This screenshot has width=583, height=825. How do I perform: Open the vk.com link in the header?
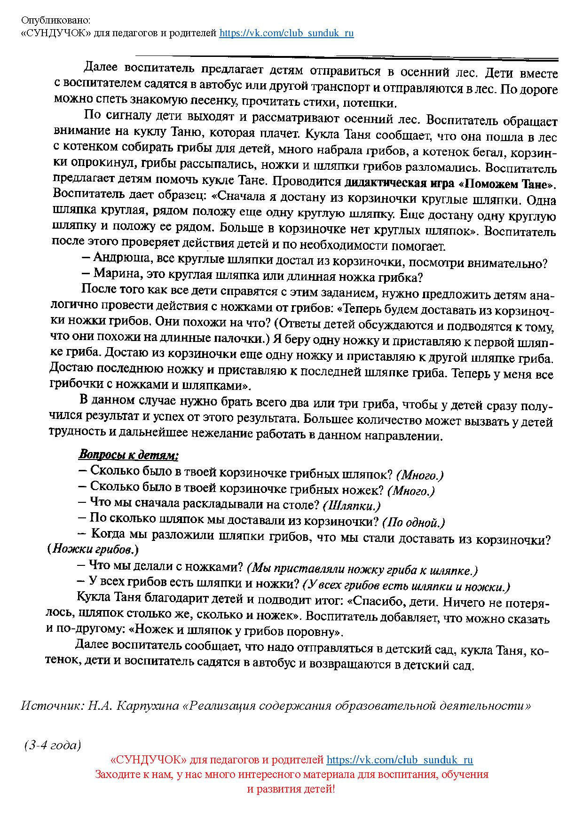286,33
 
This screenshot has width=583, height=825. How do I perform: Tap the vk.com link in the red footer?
400,760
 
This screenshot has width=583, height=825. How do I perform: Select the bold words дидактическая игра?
394,183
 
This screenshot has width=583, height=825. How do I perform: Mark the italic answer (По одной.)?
414,523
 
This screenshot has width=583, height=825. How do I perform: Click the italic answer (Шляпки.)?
352,506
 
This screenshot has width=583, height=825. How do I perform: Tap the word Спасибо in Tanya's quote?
378,602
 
